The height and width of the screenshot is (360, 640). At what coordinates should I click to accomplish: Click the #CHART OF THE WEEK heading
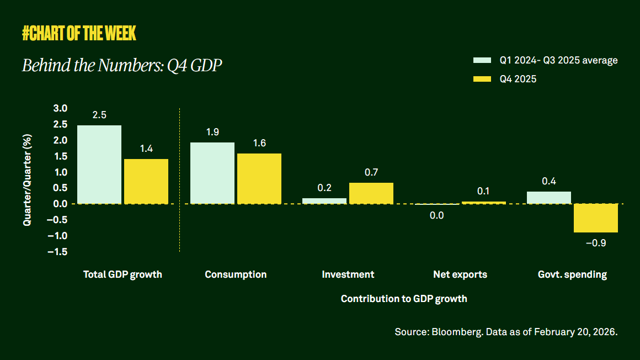79,34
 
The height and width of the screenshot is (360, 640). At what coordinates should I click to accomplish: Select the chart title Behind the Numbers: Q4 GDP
122,66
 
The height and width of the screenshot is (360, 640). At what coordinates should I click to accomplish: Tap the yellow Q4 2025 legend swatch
482,79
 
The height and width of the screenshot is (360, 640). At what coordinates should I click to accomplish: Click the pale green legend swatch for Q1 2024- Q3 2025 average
482,60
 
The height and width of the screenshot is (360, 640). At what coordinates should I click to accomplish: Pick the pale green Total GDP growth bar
99,165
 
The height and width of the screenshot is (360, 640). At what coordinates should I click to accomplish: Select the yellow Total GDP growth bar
146,182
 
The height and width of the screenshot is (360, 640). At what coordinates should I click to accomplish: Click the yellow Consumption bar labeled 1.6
259,179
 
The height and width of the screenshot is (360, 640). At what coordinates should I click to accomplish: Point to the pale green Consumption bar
212,173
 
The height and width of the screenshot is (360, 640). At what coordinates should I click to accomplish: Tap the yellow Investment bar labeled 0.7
371,193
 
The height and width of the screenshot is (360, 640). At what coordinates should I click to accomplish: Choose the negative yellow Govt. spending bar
596,218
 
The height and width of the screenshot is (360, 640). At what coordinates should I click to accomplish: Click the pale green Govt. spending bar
549,198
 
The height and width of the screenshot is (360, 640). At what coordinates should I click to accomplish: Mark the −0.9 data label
596,242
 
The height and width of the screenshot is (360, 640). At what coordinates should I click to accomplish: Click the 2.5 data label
99,115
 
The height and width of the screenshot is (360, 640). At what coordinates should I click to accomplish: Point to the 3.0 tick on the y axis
60,108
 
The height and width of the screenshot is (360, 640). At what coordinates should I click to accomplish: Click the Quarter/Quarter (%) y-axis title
27,180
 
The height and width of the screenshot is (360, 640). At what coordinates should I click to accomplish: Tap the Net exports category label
460,274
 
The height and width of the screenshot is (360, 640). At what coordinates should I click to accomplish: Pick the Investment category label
348,274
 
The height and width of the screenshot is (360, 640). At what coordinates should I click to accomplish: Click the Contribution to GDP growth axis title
404,299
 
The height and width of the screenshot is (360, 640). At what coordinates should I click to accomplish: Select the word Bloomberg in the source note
452,332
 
